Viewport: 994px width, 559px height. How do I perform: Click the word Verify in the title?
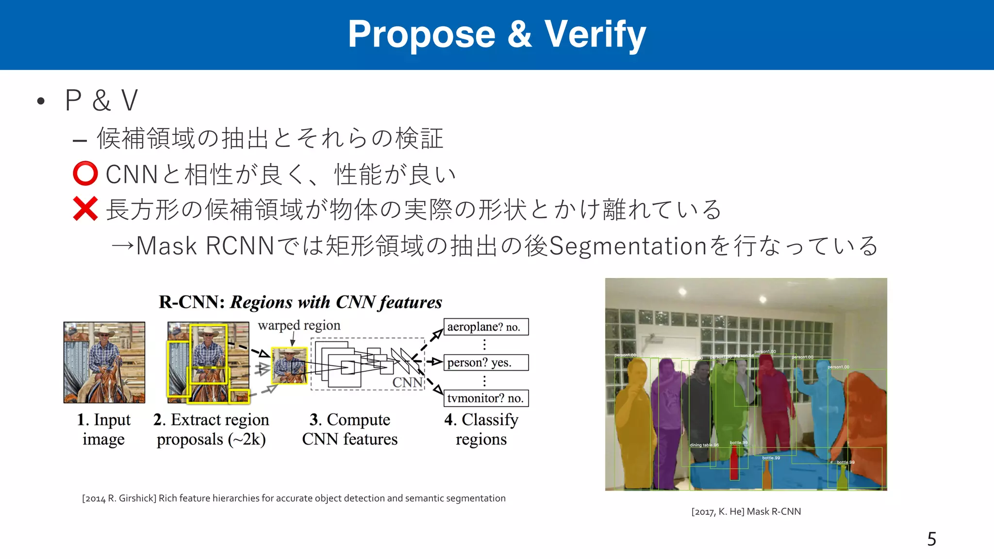[595, 35]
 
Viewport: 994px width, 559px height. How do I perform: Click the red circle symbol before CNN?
[85, 174]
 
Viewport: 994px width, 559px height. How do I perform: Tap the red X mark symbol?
[85, 209]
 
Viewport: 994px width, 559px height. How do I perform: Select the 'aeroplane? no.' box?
[486, 327]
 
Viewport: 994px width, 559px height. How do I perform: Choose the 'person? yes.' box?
[486, 362]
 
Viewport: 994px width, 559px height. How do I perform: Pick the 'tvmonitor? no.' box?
[486, 398]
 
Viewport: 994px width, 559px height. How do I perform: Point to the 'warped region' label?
[299, 325]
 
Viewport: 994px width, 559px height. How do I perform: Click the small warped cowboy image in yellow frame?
[289, 365]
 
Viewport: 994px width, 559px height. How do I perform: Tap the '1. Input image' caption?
[104, 429]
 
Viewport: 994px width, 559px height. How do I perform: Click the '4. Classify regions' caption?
[481, 429]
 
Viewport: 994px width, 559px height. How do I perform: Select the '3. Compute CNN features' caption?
[349, 429]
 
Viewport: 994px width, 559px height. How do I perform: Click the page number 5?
[931, 539]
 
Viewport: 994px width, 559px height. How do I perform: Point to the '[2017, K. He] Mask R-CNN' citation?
[746, 511]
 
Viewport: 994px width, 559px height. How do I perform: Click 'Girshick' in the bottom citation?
[137, 498]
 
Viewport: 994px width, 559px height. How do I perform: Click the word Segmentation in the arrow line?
[627, 246]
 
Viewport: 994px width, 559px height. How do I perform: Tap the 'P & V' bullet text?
[101, 101]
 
